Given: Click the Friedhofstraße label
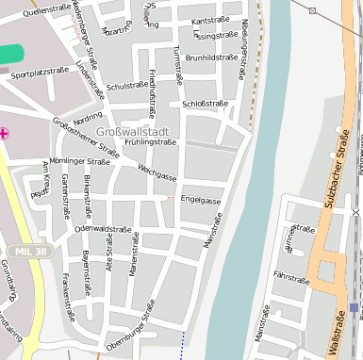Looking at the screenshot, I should click(x=153, y=86).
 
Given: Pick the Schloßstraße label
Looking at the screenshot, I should click(x=205, y=104).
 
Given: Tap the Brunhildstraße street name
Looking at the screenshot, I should click(x=211, y=57).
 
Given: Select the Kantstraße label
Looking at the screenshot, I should click(x=210, y=20).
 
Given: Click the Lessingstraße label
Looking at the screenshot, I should click(x=215, y=36).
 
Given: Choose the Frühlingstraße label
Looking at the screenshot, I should click(x=151, y=142).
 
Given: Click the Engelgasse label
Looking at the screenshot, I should click(x=201, y=201).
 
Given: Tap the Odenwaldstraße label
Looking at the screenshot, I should click(x=103, y=229).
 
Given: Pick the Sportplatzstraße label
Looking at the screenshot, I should click(x=41, y=72).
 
